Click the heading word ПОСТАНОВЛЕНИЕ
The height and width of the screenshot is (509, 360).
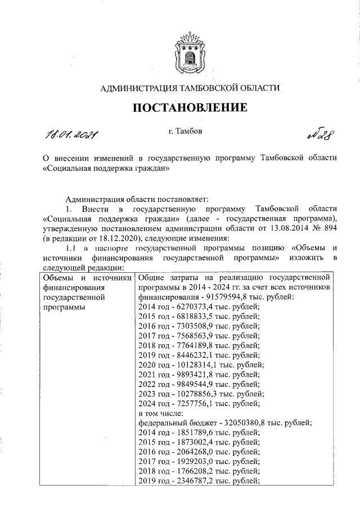coord(190,107)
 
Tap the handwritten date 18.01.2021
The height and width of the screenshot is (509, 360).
coord(71,136)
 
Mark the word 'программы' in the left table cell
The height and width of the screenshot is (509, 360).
coord(62,307)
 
